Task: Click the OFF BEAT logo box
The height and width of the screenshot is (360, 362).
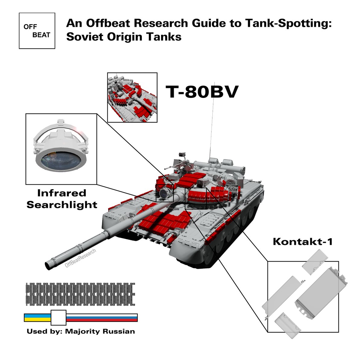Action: point(37,31)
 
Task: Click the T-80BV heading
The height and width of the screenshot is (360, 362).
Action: point(202,92)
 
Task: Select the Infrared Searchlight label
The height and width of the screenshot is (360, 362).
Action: point(62,199)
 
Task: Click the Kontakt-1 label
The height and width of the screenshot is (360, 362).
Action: point(303,242)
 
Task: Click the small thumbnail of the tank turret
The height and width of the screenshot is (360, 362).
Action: point(132,97)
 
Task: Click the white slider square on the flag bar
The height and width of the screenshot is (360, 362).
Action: point(58,318)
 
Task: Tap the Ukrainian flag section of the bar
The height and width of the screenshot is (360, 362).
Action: point(37,318)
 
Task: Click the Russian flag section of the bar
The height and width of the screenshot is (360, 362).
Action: point(102,318)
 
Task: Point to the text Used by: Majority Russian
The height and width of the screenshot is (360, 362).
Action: point(81,331)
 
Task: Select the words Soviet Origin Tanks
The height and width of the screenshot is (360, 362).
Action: point(124,37)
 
